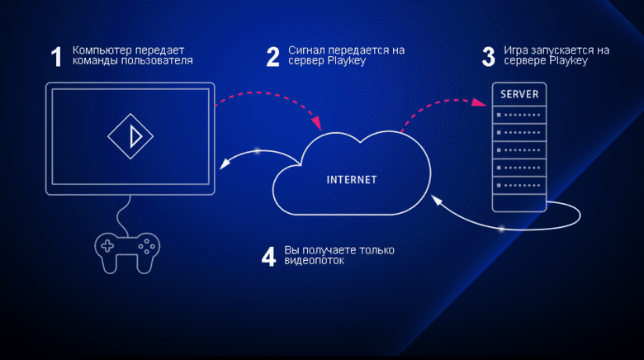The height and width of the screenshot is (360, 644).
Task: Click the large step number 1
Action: point(57,57)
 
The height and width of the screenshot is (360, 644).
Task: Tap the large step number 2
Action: point(272,57)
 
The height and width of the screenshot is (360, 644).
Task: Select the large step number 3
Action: point(488,57)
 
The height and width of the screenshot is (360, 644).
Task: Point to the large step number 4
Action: point(268,257)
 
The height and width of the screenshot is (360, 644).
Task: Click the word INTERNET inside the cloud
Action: point(352,180)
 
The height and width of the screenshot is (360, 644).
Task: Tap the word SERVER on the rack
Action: point(519,94)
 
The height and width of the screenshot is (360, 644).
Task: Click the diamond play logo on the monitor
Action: point(130,136)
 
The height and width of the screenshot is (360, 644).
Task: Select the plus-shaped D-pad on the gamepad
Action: point(107,246)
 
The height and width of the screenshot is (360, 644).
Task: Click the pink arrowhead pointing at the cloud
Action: point(316,123)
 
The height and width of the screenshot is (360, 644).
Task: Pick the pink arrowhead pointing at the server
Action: point(480,102)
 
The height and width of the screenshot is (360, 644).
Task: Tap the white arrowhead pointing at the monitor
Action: point(225,163)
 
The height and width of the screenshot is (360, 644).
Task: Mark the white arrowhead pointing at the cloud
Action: point(436,200)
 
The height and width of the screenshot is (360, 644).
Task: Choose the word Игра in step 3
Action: point(516,50)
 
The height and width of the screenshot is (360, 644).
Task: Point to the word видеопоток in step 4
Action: point(315,261)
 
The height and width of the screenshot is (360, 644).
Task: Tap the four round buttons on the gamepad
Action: point(147,247)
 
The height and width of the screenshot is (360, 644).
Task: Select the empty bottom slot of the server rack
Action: point(519,202)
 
